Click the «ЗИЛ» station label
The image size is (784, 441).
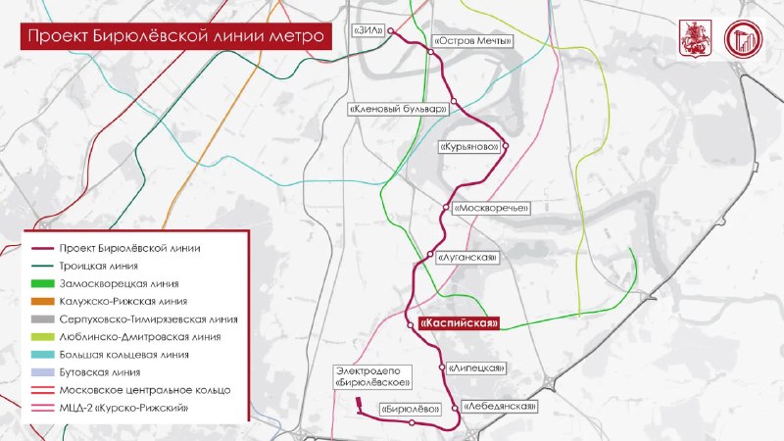click(369, 31)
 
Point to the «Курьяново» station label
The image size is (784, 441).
click(470, 146)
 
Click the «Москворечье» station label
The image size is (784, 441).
click(491, 208)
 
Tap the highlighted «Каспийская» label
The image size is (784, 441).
click(460, 323)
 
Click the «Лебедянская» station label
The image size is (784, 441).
click(500, 405)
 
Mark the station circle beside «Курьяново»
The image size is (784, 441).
click(507, 146)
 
